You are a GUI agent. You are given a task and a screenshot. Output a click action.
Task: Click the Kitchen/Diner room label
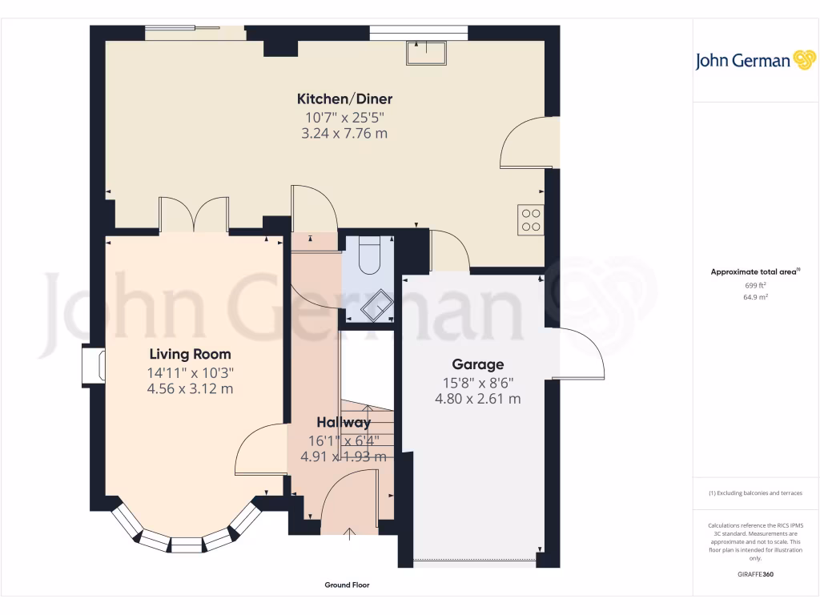coord(344,99)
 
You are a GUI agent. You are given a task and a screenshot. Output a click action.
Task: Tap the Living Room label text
coord(190,354)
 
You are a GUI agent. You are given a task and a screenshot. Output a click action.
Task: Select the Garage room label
coord(477,364)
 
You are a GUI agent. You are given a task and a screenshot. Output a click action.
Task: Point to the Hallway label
coord(343,422)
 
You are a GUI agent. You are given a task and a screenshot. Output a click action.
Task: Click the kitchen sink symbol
coord(428,53)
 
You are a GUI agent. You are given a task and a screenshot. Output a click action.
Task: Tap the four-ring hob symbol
coord(530,219)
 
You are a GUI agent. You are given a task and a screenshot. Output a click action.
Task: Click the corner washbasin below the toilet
coord(377,304)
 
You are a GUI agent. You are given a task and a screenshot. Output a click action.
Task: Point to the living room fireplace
coord(94,364)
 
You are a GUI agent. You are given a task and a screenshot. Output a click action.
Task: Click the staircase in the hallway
coord(368,428)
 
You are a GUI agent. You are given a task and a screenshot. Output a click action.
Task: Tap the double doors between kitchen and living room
coord(195,214)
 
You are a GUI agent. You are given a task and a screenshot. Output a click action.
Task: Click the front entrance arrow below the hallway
coord(349,534)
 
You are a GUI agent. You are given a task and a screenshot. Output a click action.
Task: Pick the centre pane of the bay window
coord(186,545)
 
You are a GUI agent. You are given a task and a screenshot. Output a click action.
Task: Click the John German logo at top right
coord(754,61)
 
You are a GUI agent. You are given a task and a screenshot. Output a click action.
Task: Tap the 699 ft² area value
coord(755,285)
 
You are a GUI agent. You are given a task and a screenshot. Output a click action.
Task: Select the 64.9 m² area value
coord(755,297)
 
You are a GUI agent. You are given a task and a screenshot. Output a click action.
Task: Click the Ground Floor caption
coord(347,585)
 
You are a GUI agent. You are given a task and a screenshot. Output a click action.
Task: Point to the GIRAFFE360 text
coord(755,574)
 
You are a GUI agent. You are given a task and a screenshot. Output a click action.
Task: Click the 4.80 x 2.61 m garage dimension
coord(477,398)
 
